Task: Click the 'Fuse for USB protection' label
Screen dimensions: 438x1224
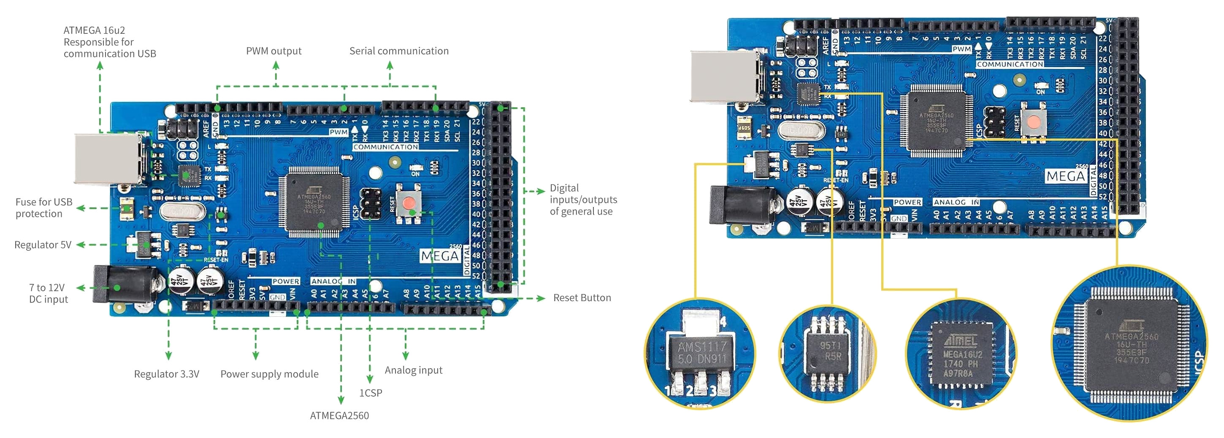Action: click(44, 208)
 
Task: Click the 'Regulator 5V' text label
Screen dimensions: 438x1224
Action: click(43, 245)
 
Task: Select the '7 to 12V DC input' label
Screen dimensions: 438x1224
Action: click(48, 294)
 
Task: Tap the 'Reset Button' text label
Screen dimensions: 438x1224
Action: click(582, 298)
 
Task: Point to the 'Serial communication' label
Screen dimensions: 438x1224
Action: click(399, 51)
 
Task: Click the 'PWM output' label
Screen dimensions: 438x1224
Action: click(274, 51)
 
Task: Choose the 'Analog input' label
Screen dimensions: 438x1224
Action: click(413, 370)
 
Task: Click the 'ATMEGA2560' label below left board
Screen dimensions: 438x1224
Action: click(339, 416)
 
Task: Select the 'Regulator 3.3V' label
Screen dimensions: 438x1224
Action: click(166, 374)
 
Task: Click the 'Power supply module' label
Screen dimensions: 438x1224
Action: click(269, 374)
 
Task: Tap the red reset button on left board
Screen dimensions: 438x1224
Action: click(408, 204)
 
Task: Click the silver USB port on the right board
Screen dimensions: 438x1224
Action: click(725, 76)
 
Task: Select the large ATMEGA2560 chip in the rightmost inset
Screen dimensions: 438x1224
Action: click(1131, 345)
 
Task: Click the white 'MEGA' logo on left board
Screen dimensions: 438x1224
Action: click(440, 257)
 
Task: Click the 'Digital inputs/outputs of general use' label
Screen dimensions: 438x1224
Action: click(583, 200)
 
